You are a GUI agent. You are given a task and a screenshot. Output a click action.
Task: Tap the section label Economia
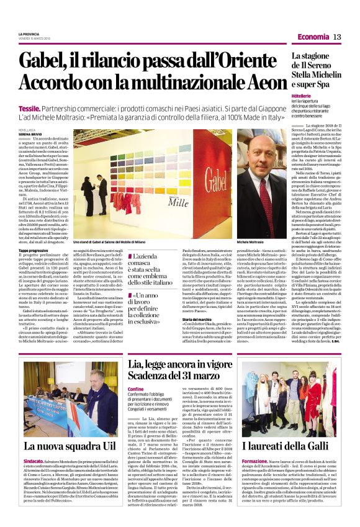pos(314,37)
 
